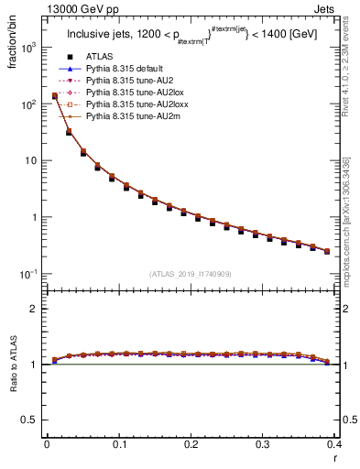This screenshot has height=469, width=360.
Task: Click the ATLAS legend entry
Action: tap(101, 57)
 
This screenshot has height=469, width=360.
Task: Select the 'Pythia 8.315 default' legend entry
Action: tap(128, 69)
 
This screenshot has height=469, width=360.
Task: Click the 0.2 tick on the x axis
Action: tap(191, 445)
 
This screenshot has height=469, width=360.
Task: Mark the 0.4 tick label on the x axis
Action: tap(334, 445)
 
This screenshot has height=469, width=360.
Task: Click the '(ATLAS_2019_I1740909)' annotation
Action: tap(190, 274)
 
